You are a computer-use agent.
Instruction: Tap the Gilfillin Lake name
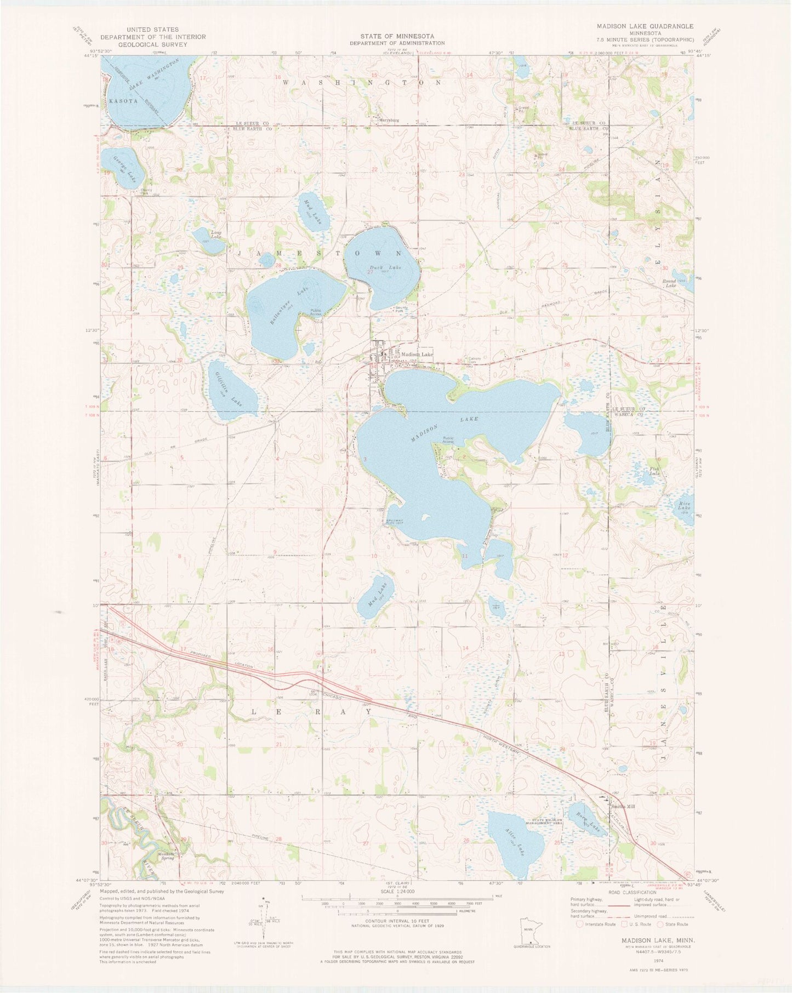point(226,385)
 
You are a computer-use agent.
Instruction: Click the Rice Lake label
point(685,507)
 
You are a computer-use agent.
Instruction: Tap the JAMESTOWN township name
point(320,253)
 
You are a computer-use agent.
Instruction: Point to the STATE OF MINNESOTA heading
point(397,36)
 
